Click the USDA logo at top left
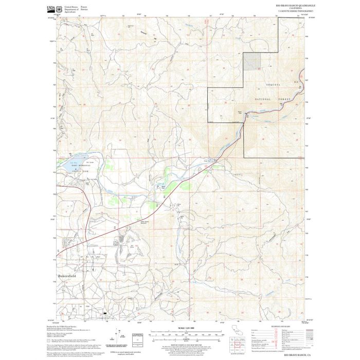click(51, 9)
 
